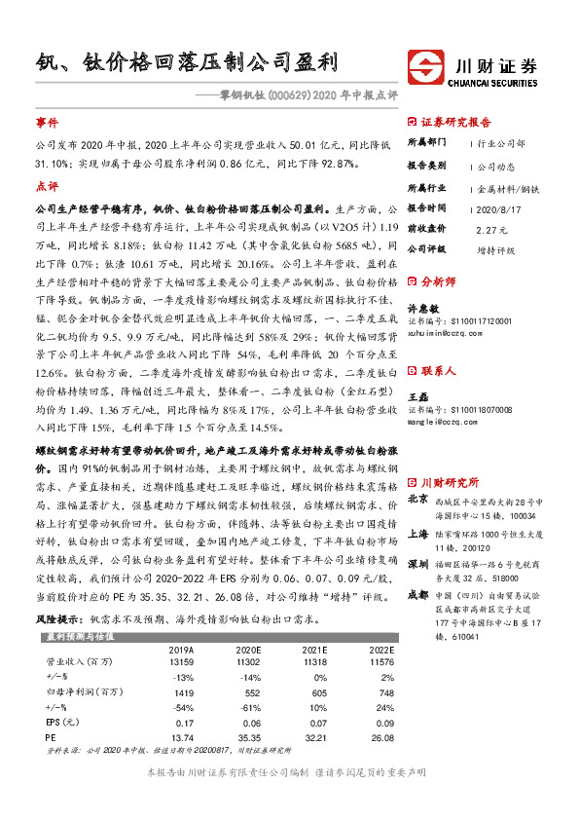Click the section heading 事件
point(47,125)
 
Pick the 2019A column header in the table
point(182,649)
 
